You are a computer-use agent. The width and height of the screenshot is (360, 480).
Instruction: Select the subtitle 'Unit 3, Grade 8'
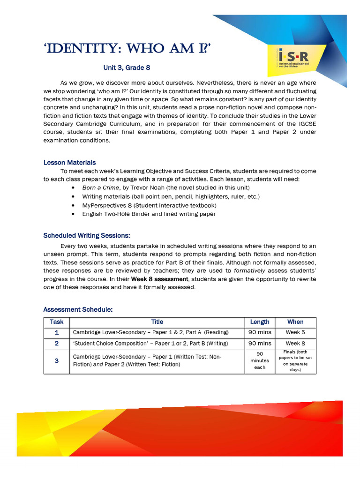coord(127,67)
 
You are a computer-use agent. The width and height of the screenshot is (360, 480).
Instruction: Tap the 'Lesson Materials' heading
coord(69,163)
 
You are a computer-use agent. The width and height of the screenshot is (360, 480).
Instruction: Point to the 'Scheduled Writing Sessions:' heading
coord(87,235)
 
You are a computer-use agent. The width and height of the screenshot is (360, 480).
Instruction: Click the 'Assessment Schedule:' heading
coord(78,309)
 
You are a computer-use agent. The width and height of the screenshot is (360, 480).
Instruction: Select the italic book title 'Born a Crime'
coord(101,187)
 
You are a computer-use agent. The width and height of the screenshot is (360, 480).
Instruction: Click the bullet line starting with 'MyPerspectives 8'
coord(142,205)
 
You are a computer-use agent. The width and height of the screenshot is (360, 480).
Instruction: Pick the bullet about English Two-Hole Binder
coord(149,214)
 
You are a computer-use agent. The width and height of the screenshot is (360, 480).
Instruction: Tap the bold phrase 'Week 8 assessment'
coord(159,279)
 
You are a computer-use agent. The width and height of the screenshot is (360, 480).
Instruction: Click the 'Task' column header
coord(57,322)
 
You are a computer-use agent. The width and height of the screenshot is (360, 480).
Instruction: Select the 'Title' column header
coord(157,322)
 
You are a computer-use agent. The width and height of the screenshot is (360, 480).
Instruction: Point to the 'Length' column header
coord(260,322)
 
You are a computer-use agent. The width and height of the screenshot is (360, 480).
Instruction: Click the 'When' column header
coord(295,322)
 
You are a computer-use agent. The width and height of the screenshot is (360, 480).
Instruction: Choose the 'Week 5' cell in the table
coord(295,332)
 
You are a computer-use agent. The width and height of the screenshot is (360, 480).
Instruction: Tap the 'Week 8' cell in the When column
coord(295,344)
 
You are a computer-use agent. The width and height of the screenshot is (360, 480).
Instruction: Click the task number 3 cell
coord(57,361)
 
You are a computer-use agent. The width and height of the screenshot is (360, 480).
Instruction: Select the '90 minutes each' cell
coord(260,360)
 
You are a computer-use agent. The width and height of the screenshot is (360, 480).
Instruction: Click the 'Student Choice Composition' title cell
coord(150,344)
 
